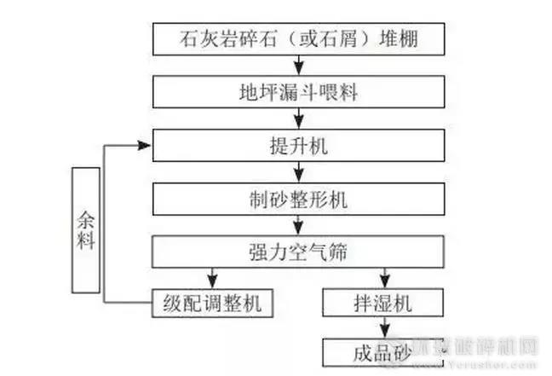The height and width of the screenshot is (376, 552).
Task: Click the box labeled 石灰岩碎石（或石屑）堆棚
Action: coord(298,38)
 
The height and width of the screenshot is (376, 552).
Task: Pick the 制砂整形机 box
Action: coord(298,201)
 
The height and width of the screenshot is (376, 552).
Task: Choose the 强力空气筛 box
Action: coord(298,252)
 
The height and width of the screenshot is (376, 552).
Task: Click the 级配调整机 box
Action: coord(212,303)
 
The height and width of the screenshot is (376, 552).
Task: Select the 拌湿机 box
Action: coord(384,303)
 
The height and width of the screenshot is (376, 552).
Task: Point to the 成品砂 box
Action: coord(385,351)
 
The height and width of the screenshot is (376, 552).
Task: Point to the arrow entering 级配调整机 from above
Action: coord(211,278)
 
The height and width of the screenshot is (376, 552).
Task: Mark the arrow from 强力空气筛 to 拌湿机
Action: coord(384,278)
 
